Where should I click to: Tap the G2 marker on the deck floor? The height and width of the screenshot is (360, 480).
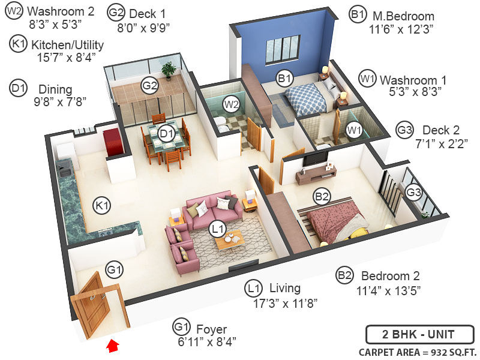click(149, 86)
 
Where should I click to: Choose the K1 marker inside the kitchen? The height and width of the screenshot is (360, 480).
click(103, 206)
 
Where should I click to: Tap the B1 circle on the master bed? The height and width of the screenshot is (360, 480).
click(284, 77)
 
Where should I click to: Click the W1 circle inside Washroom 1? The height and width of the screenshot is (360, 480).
click(354, 128)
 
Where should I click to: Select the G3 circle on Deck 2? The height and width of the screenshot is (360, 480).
click(413, 192)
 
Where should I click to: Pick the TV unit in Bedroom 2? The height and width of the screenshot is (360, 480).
click(316, 175)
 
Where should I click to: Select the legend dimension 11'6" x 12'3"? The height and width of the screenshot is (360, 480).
click(401, 28)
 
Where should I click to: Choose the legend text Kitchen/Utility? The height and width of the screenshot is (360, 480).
click(67, 44)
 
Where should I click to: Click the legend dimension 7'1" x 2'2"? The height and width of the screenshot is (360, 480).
click(440, 143)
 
